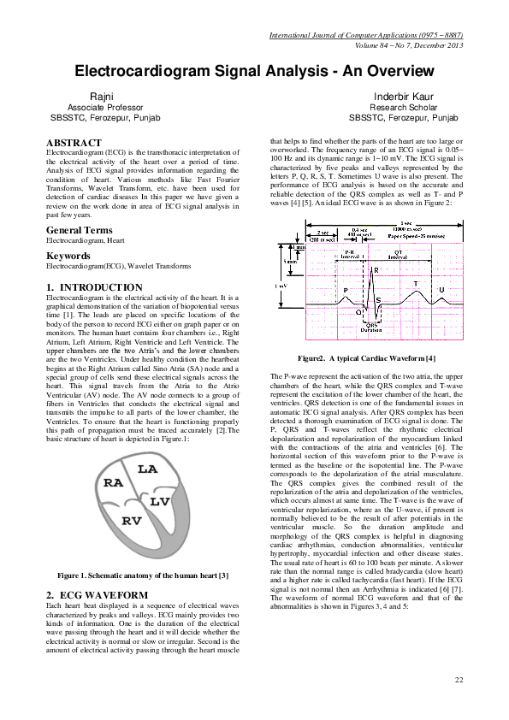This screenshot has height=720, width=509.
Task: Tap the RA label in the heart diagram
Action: (114, 483)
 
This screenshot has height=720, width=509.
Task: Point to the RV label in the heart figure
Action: (132, 520)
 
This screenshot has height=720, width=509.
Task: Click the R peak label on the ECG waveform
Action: (376, 270)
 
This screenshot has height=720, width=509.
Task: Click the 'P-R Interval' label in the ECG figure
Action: (349, 254)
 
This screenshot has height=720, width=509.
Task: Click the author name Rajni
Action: (102, 97)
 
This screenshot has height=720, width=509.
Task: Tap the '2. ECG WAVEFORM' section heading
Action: (97, 594)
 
